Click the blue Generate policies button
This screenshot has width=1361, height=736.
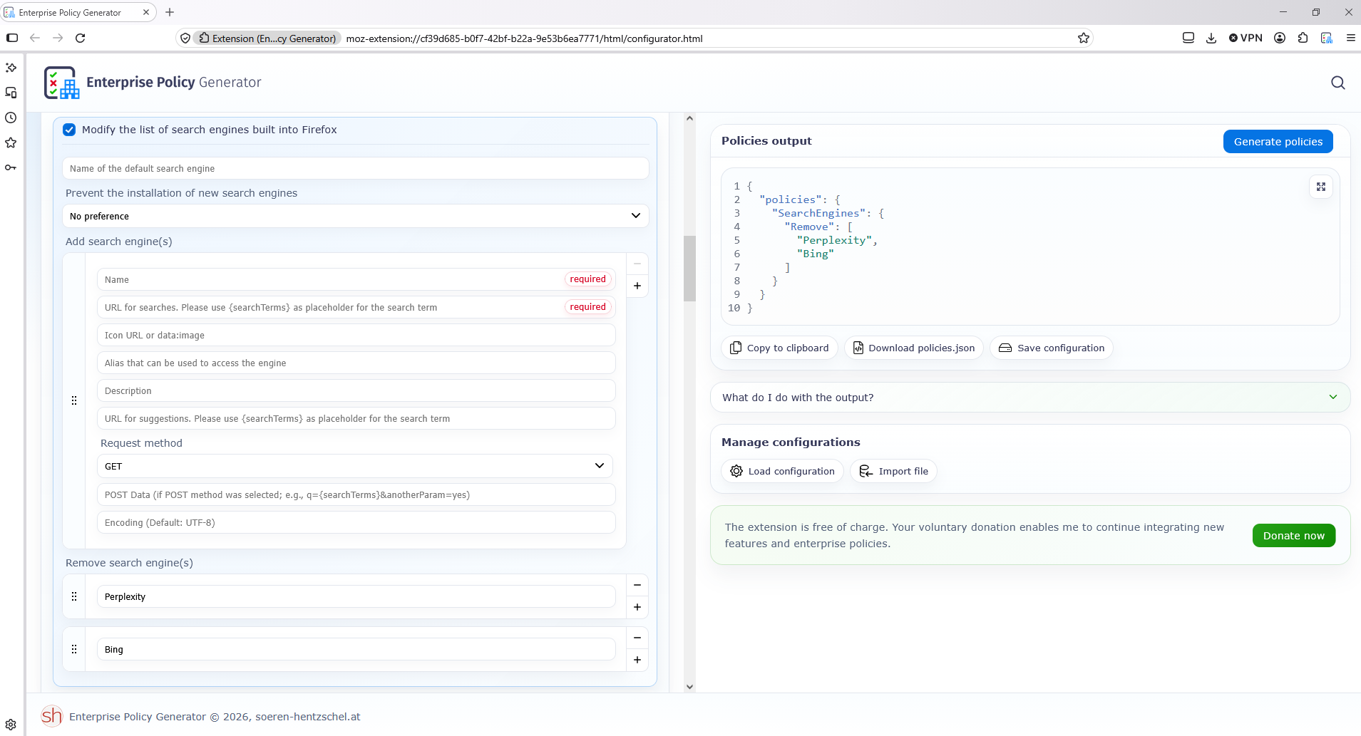[x=1278, y=141]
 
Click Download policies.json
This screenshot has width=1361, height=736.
[x=914, y=348]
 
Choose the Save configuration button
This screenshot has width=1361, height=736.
[x=1051, y=348]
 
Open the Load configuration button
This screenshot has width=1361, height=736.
[x=782, y=471]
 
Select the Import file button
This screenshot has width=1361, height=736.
[x=893, y=471]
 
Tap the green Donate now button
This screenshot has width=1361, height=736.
[x=1293, y=536]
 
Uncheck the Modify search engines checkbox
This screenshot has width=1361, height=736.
[x=69, y=130]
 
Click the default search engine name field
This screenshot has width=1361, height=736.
[x=355, y=168]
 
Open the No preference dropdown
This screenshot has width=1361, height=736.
[x=355, y=216]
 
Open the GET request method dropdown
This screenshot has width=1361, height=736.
[x=355, y=466]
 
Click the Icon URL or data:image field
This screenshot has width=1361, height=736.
[x=356, y=335]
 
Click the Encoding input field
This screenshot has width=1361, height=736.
[x=356, y=522]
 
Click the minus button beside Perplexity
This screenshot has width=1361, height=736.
[x=637, y=585]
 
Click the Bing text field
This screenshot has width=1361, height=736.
[x=356, y=649]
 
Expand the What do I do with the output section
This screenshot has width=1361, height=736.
[x=1029, y=398]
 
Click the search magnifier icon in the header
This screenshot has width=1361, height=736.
[x=1337, y=83]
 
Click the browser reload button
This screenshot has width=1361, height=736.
[x=81, y=38]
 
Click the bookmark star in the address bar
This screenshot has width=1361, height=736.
[x=1084, y=38]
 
